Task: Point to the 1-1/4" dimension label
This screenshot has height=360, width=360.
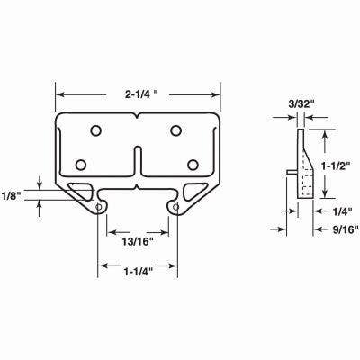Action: point(138,267)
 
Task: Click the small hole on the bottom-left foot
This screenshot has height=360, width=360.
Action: point(98,205)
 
